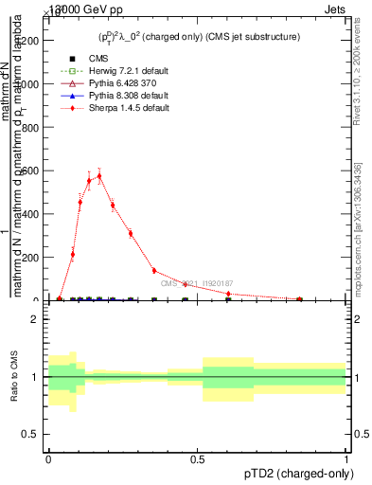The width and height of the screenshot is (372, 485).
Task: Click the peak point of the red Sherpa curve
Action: pyautogui.click(x=99, y=175)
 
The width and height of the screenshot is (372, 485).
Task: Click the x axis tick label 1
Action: pyautogui.click(x=347, y=458)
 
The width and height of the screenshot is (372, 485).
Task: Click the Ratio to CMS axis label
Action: pyautogui.click(x=13, y=377)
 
